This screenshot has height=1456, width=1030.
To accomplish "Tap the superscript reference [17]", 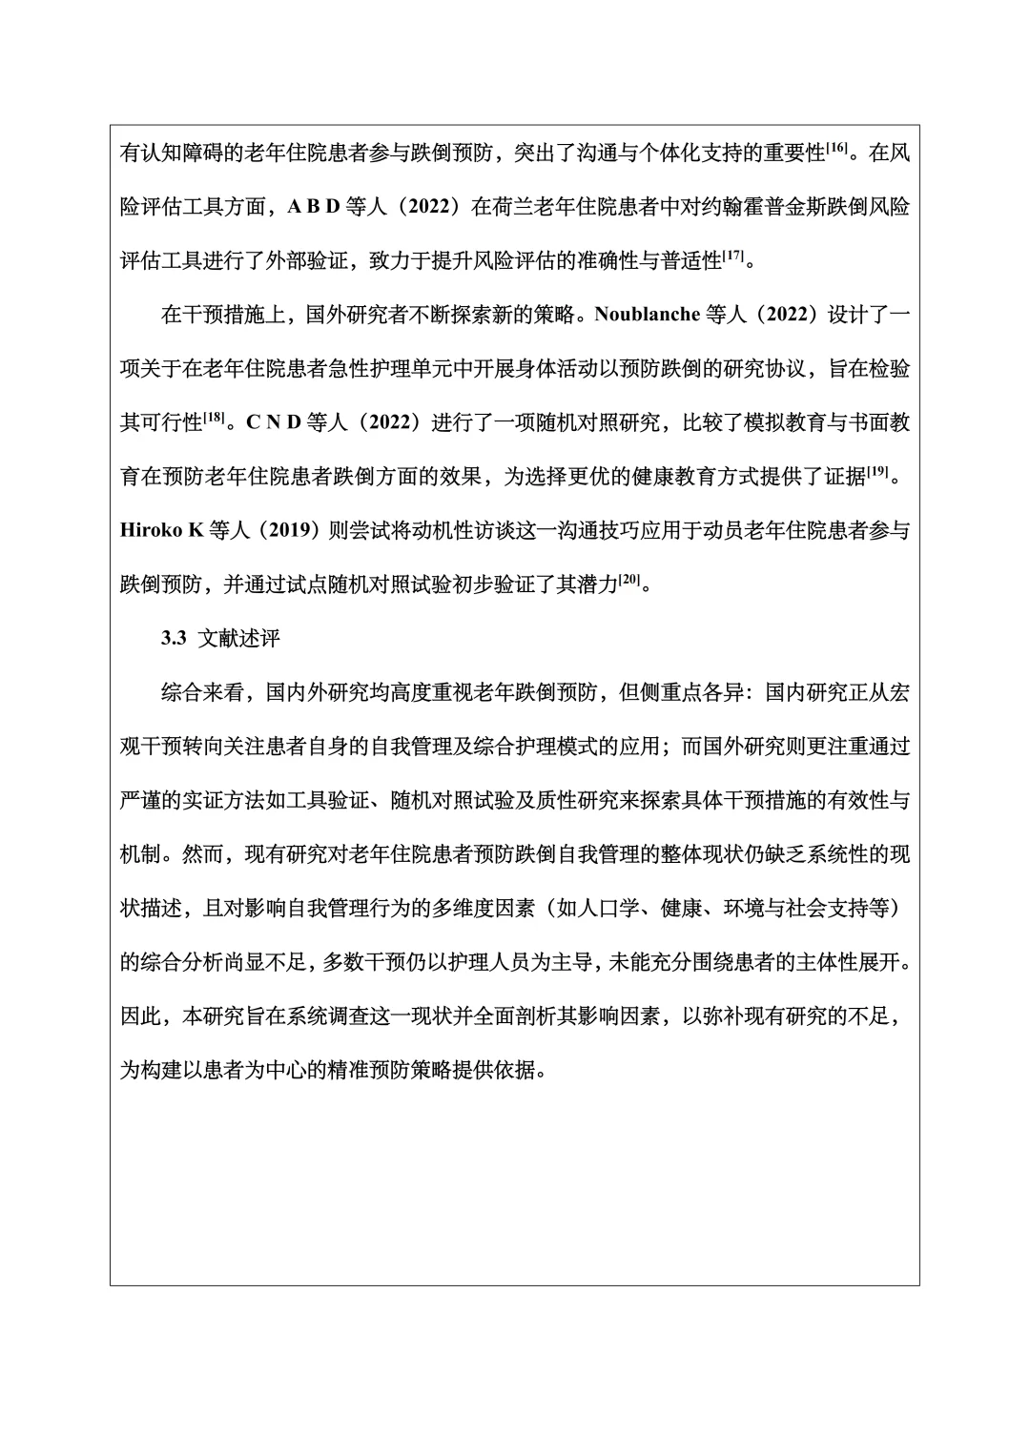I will [733, 255].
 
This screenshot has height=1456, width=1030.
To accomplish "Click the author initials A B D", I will [314, 207].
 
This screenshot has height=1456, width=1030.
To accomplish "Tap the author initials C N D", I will [274, 423].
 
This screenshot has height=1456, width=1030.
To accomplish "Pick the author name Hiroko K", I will [162, 531].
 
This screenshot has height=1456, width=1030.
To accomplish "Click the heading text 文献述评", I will [238, 639].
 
